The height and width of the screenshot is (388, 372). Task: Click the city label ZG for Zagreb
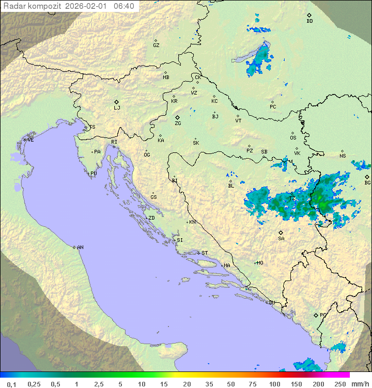coord(178,123)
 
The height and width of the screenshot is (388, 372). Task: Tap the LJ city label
coord(117,108)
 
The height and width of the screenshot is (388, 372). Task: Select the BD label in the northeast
coord(309,21)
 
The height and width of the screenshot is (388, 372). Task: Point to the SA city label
coord(281,239)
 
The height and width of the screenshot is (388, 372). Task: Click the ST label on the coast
coord(205,253)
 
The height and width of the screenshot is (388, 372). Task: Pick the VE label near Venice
coord(30,140)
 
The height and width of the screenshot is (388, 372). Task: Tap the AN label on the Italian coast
coord(80,247)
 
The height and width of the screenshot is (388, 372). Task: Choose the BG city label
coord(367,183)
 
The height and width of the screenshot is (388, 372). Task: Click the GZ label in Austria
coord(156,45)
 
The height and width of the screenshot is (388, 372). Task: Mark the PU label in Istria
coord(94,174)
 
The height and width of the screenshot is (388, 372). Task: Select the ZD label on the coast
coord(151,218)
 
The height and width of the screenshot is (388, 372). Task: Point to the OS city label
coord(293,138)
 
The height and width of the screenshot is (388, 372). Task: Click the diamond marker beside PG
coord(316,315)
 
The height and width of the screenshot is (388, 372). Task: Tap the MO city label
coord(260,263)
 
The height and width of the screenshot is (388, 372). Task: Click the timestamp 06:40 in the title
coord(123,6)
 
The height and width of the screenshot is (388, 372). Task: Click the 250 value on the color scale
coord(339,384)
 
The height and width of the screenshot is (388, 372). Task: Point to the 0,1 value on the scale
coord(11,384)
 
